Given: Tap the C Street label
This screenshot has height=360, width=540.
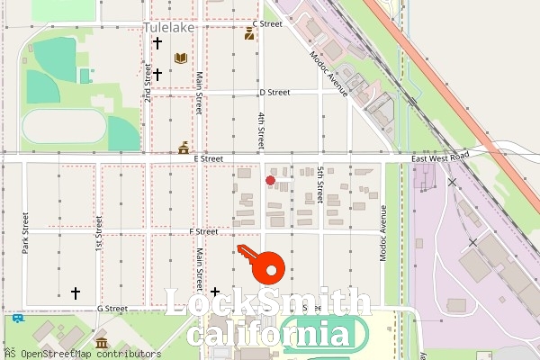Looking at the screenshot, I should coord(267,23).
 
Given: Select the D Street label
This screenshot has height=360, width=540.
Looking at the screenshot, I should coord(274,92).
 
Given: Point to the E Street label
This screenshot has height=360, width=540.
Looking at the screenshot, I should coord(208,158).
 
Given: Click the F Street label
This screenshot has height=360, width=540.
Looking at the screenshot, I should coord(203,231).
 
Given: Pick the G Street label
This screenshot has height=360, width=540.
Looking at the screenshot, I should coord(112,308).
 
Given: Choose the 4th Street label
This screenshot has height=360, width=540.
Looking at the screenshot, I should coord(261,130).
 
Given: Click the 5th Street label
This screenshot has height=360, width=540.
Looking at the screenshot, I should coord(319,184).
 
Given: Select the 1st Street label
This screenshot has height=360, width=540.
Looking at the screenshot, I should coord(98,232).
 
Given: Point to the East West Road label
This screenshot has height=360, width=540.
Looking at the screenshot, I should coord(441,158).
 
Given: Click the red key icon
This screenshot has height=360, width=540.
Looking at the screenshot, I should coord(261,264).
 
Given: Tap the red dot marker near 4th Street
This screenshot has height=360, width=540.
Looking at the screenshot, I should coord(270,181).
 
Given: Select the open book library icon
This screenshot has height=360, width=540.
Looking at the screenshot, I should coord(180,58).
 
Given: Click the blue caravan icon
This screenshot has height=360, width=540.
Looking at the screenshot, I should coord(18,317).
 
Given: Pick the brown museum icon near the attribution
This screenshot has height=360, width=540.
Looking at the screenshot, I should coord(101,343).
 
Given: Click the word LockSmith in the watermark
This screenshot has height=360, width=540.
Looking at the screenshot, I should coord(268,304).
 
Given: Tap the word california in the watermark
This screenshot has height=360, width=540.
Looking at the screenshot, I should coord(268,335).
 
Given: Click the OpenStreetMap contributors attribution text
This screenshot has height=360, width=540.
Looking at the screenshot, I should coord(76,354).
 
